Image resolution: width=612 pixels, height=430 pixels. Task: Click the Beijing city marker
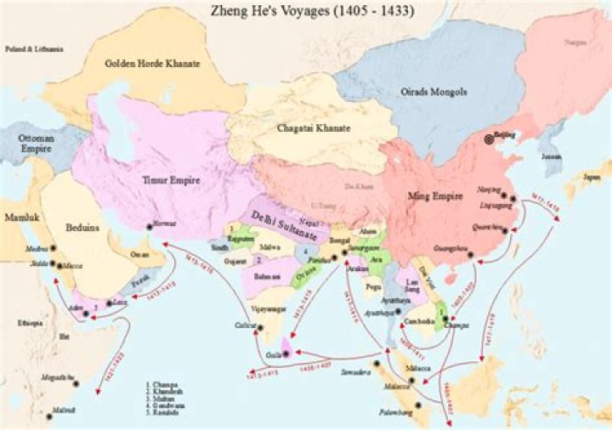pyautogui.click(x=488, y=139)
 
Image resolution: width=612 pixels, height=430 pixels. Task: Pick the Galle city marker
pyautogui.click(x=286, y=353)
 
